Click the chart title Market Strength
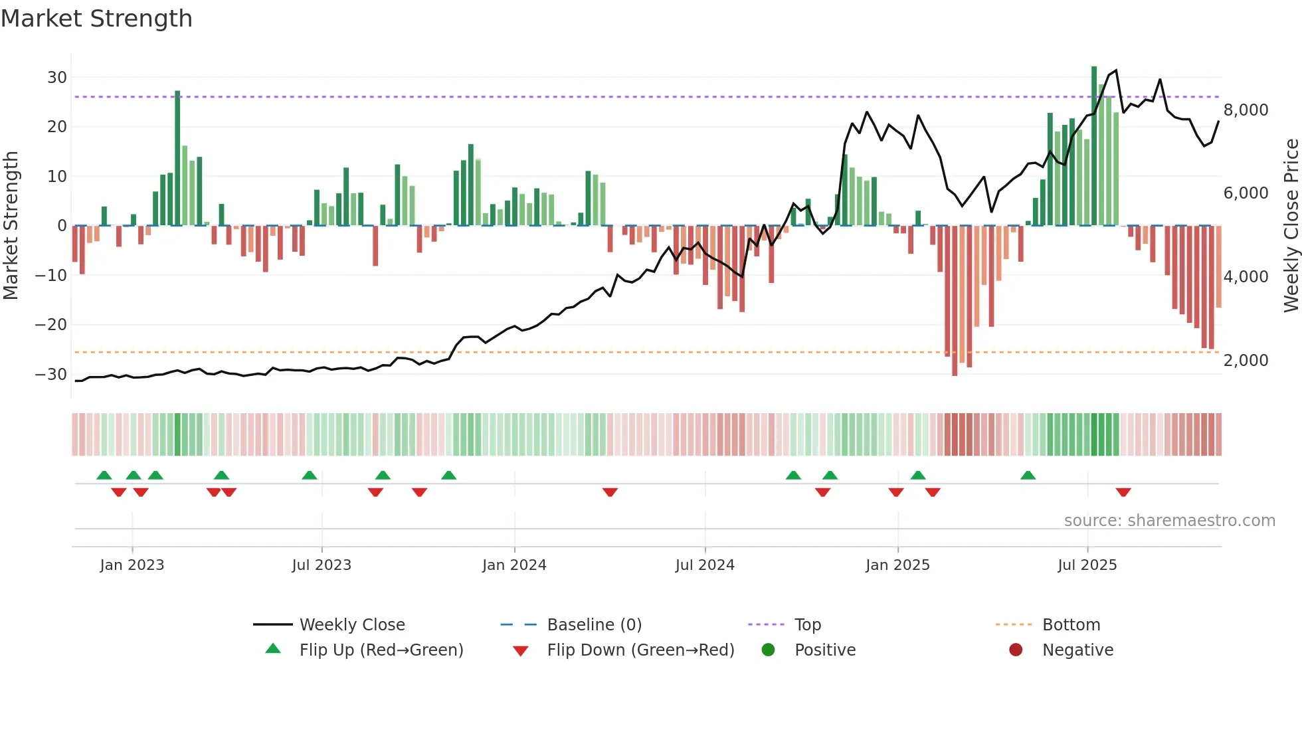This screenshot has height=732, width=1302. click(96, 19)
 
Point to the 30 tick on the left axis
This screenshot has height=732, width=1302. click(57, 78)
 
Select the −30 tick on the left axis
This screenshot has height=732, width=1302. click(51, 375)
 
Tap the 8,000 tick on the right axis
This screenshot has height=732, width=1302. click(1246, 110)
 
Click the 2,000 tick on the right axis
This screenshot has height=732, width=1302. click(1246, 361)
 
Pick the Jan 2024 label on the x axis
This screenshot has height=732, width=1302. click(514, 565)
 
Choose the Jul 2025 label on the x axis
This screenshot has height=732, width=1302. click(1087, 565)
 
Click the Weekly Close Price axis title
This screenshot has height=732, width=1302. click(1291, 225)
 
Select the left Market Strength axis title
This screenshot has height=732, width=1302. click(11, 225)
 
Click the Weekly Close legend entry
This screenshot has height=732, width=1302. click(351, 625)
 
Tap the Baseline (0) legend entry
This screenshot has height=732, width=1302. click(594, 625)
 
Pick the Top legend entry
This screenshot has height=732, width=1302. click(807, 625)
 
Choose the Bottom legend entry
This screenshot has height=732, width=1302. click(1071, 625)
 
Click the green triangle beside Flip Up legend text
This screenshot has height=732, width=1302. click(273, 649)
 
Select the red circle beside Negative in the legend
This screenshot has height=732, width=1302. click(1016, 650)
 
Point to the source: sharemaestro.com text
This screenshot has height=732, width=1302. click(1169, 521)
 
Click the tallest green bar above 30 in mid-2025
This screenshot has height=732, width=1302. click(1094, 146)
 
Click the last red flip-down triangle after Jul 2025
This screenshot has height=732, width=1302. click(1123, 492)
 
